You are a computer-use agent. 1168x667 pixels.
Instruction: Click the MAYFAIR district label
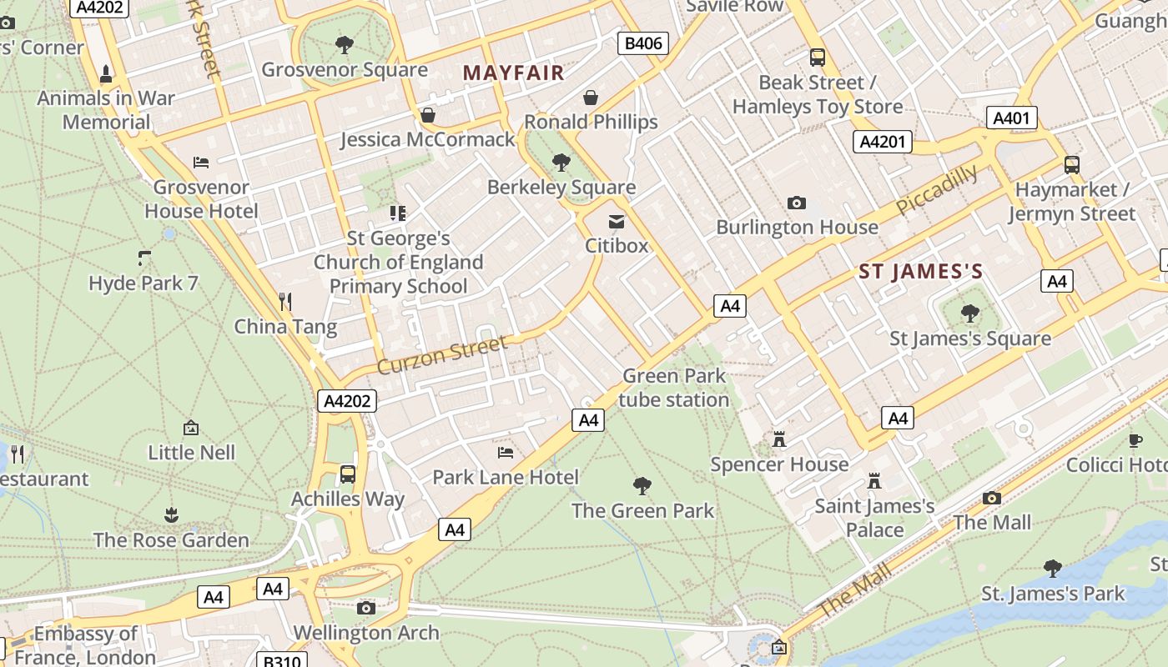(514, 73)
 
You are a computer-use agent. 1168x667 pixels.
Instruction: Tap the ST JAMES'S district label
(921, 272)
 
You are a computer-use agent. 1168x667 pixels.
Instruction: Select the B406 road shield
(643, 43)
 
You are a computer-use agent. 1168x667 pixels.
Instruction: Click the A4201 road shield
(882, 142)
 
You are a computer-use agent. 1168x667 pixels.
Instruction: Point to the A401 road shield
(1011, 118)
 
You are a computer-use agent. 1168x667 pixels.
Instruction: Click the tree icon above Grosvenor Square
(344, 45)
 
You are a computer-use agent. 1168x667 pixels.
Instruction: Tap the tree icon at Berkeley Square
(561, 163)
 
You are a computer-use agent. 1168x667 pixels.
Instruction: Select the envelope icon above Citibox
(617, 221)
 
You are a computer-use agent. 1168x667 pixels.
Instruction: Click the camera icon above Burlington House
(797, 203)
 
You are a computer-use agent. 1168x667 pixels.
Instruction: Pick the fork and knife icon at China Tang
(285, 301)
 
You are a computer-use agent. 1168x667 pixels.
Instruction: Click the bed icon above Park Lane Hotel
(505, 453)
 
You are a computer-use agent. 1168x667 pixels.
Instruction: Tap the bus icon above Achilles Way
(348, 474)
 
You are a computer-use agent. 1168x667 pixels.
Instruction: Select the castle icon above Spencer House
(779, 439)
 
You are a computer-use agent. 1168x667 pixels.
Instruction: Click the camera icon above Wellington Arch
(365, 608)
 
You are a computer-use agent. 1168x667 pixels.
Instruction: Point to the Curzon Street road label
(441, 355)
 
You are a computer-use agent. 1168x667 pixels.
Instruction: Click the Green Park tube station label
(674, 388)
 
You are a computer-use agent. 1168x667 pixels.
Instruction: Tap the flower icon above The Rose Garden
(171, 514)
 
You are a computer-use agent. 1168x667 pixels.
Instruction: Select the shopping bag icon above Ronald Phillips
(591, 98)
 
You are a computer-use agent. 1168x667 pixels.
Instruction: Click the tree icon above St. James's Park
(1053, 569)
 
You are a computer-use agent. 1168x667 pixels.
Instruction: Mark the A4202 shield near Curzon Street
(347, 401)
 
